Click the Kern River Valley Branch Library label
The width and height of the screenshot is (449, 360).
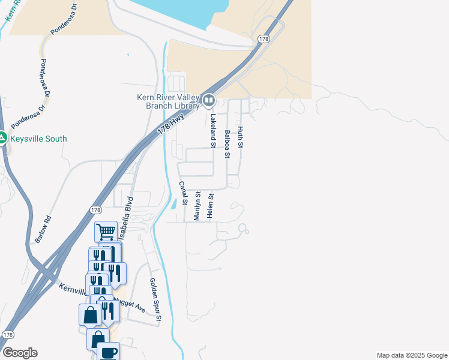(167, 101)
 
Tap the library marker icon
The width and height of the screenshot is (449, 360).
(208, 100)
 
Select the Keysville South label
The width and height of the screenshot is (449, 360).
(38, 139)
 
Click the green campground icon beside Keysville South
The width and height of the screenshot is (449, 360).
(3, 138)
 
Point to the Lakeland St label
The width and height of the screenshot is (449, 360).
(212, 130)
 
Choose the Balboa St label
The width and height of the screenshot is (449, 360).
(227, 144)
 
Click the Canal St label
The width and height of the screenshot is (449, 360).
(184, 194)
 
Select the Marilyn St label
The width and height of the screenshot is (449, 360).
(197, 206)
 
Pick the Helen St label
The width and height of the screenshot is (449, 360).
(211, 206)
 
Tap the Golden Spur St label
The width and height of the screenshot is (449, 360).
(154, 299)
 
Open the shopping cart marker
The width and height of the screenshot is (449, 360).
(106, 230)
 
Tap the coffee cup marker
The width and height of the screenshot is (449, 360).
(108, 352)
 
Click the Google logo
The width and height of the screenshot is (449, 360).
(20, 353)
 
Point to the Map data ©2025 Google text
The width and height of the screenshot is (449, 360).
(411, 355)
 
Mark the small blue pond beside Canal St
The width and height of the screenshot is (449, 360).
(173, 203)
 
